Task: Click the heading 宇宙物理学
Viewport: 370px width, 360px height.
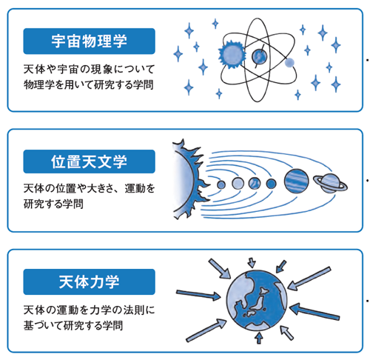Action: tap(89, 41)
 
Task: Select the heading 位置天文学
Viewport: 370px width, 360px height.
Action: tap(89, 161)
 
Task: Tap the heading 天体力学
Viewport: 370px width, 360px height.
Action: tap(89, 281)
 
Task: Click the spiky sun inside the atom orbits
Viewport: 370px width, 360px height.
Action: tap(232, 54)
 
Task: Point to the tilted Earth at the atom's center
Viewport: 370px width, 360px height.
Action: tap(259, 56)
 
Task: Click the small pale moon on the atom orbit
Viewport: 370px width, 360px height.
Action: tap(289, 62)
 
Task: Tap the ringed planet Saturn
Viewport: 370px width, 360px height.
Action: tap(330, 183)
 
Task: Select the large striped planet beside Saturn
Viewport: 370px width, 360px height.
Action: tap(296, 181)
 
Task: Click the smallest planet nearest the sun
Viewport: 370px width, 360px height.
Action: tap(221, 184)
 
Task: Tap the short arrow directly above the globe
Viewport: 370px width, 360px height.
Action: tap(252, 263)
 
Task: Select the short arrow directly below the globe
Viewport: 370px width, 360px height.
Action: tap(259, 338)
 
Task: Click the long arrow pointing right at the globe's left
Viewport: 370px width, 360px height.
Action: tap(198, 295)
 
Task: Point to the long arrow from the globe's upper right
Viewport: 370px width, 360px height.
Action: tap(309, 279)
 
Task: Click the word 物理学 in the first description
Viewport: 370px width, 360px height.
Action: tap(38, 84)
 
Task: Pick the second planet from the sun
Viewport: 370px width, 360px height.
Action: tap(238, 184)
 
